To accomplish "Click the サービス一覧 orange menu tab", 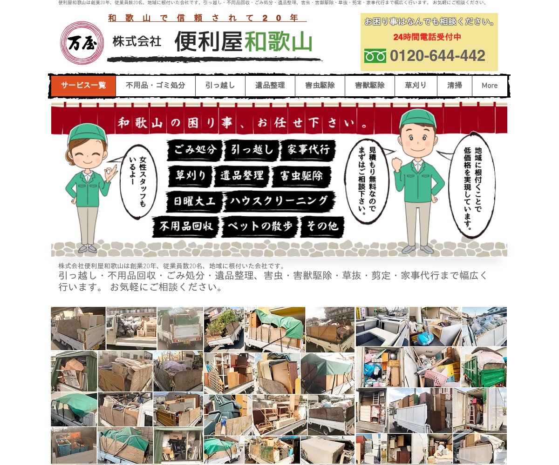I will click(x=83, y=86).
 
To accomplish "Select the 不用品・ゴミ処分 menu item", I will click(x=156, y=86).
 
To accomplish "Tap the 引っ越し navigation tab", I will click(x=220, y=86).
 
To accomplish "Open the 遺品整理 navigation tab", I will click(x=270, y=86).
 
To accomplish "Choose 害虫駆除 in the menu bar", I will click(x=320, y=86).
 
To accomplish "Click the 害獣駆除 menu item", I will click(x=370, y=86).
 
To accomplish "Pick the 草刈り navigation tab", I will click(x=416, y=86).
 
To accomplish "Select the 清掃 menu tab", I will click(x=455, y=86).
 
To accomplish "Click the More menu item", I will click(x=490, y=86).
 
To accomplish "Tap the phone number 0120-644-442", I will click(x=437, y=56).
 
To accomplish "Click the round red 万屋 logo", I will click(x=82, y=43).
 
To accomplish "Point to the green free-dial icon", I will click(x=375, y=56).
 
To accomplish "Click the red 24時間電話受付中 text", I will click(x=427, y=37).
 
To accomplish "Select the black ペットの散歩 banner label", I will click(x=260, y=226).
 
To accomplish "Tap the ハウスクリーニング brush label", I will click(x=279, y=201).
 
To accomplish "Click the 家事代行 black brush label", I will click(x=308, y=150).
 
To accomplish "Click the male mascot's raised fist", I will click(x=397, y=164).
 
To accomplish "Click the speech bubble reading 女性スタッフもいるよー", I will click(x=138, y=182).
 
